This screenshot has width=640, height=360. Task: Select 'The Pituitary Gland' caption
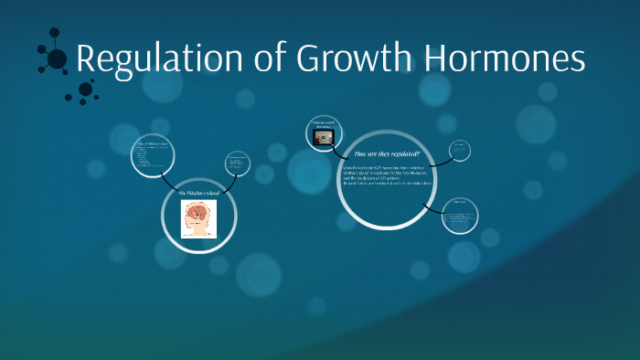tap(198, 195)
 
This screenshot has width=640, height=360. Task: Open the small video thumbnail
tap(322, 138)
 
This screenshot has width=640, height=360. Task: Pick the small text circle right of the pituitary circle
tap(238, 164)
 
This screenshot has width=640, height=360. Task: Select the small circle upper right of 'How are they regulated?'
tap(459, 149)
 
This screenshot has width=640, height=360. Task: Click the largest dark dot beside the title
tap(57, 59)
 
